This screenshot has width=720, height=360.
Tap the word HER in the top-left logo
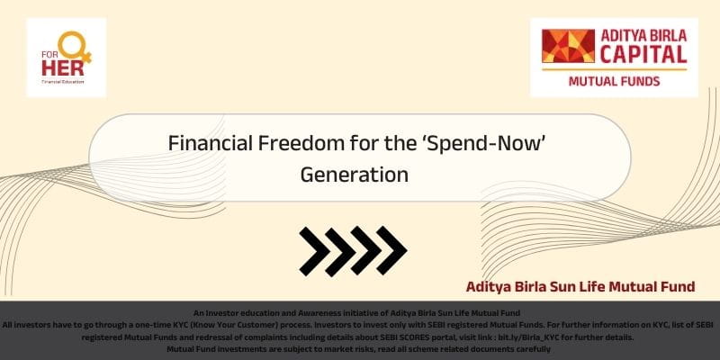pyautogui.click(x=63, y=68)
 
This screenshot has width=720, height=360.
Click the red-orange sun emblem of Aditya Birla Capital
pyautogui.click(x=568, y=46)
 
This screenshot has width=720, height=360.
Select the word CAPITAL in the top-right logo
pyautogui.click(x=643, y=54)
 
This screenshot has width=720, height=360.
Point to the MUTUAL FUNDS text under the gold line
pyautogui.click(x=614, y=81)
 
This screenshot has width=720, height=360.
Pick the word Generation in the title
pyautogui.click(x=354, y=175)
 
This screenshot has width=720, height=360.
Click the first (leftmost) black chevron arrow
pyautogui.click(x=315, y=251)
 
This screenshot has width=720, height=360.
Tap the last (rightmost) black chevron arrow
pyautogui.click(x=391, y=251)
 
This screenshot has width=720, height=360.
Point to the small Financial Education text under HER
pyautogui.click(x=63, y=82)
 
